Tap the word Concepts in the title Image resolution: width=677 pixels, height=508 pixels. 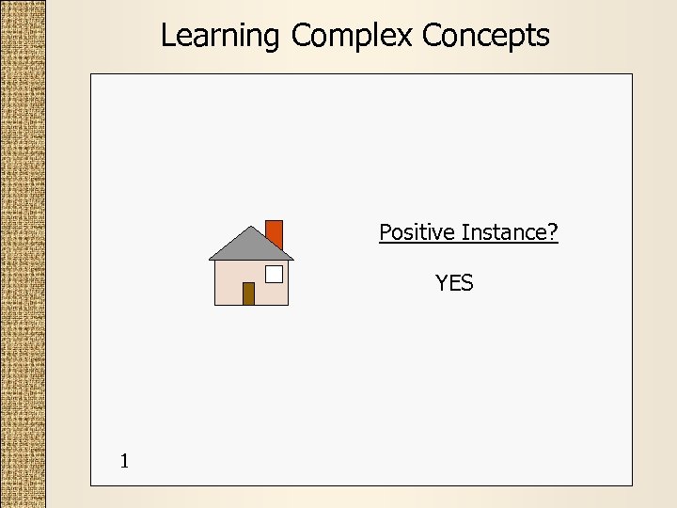[x=485, y=36]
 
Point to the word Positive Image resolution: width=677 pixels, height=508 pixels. [x=417, y=232]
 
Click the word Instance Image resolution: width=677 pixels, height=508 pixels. [x=504, y=232]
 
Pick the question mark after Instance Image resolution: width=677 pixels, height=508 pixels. [x=552, y=232]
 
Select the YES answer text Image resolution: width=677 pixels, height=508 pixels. [x=454, y=283]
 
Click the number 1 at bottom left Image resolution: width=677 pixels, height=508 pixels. [x=124, y=461]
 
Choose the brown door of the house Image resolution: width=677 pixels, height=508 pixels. [x=248, y=294]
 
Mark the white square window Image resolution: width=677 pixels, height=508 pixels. [x=274, y=274]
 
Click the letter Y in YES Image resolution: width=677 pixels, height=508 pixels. [x=441, y=283]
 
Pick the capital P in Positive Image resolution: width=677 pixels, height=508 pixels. [x=385, y=232]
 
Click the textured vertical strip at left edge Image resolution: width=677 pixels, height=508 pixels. [x=23, y=254]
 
